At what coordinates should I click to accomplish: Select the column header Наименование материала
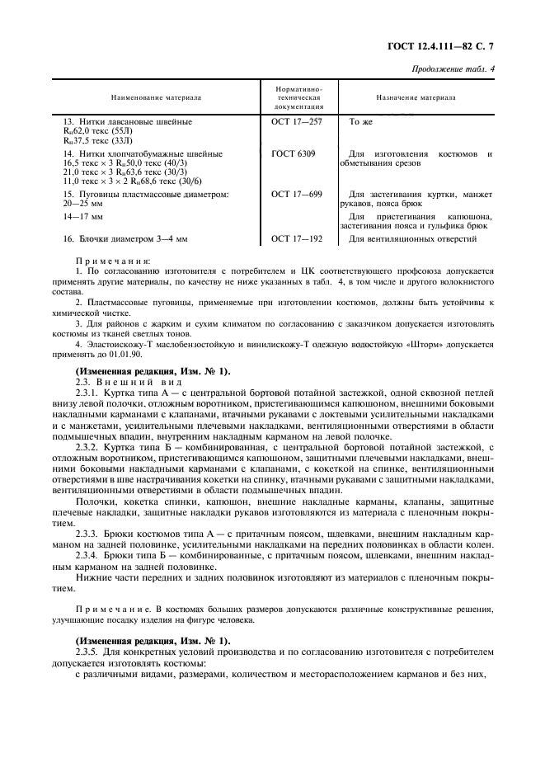click(x=156, y=97)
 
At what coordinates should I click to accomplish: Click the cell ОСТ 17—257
click(x=296, y=121)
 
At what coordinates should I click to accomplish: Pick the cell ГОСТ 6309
click(x=292, y=154)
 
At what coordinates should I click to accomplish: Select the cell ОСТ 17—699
click(x=296, y=195)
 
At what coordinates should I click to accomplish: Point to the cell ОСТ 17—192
click(x=296, y=239)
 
